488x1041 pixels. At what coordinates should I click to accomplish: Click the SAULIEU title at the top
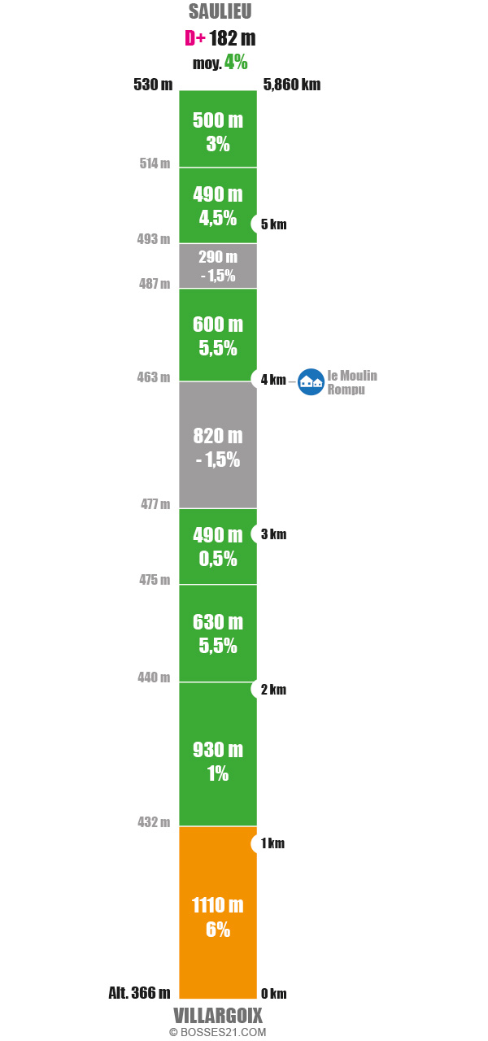220,11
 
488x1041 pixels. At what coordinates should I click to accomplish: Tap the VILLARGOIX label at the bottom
218,1016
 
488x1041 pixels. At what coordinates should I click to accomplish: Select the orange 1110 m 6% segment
218,916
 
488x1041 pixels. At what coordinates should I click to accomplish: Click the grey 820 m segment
218,446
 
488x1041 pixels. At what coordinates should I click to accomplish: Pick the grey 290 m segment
218,266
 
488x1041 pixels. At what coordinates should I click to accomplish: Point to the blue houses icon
311,381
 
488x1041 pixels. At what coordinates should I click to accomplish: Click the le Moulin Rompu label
351,382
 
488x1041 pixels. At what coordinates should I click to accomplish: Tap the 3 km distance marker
273,534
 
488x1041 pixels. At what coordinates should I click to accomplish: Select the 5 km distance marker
273,224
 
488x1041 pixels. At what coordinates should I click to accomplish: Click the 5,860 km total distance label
292,84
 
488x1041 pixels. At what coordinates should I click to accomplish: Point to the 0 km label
273,993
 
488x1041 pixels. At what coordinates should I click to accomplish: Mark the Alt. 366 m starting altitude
139,992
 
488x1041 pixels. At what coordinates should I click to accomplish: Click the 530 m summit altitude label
153,84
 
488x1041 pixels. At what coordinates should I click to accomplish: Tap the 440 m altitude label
154,677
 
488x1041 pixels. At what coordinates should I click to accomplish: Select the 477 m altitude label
155,504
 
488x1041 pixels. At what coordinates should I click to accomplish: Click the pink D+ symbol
194,38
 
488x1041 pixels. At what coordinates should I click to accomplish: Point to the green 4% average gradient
237,63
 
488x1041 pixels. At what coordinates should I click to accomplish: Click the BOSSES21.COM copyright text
218,1032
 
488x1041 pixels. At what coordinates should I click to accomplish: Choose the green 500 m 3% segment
218,130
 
